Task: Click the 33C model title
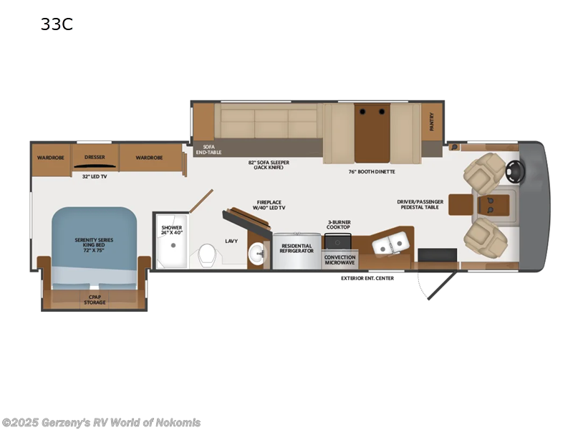pyautogui.click(x=57, y=24)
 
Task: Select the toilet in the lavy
pyautogui.click(x=208, y=254)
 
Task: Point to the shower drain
pyautogui.click(x=172, y=244)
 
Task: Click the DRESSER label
pyautogui.click(x=95, y=157)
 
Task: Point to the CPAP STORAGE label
pyautogui.click(x=95, y=300)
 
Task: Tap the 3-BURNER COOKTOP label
pyautogui.click(x=339, y=224)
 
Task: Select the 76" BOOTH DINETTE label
pyautogui.click(x=372, y=171)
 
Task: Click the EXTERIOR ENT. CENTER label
pyautogui.click(x=367, y=278)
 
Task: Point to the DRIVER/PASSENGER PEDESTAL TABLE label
pyautogui.click(x=420, y=204)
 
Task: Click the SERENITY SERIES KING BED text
pyautogui.click(x=95, y=243)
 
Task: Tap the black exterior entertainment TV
pyautogui.click(x=437, y=255)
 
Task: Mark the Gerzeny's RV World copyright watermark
pyautogui.click(x=101, y=422)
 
